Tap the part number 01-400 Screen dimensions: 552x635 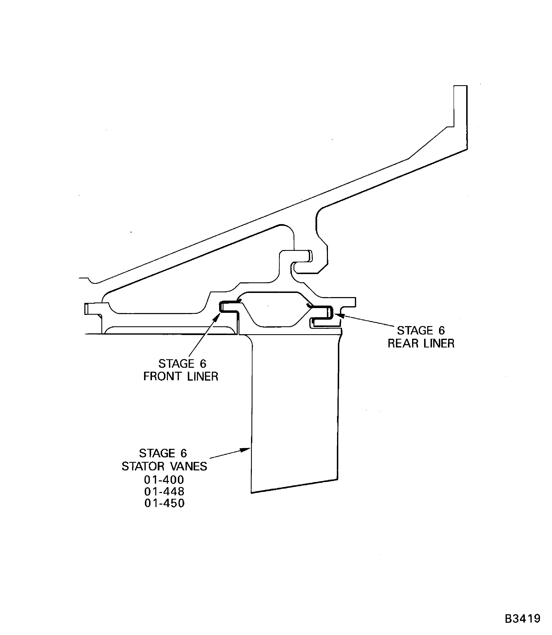click(164, 480)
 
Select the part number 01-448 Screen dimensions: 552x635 click(164, 491)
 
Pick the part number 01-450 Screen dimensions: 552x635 click(164, 503)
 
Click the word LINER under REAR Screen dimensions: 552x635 click(437, 343)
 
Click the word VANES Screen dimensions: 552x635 click(189, 466)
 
